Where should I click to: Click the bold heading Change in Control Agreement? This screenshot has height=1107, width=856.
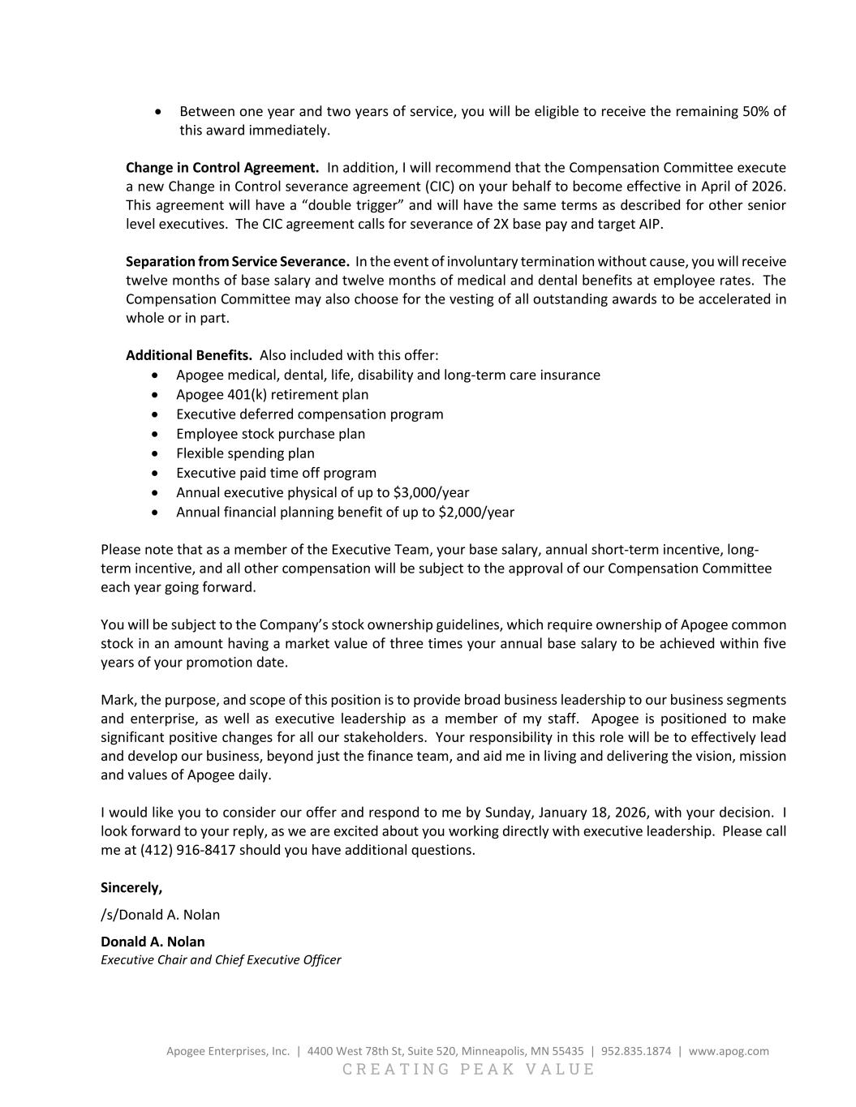tap(222, 168)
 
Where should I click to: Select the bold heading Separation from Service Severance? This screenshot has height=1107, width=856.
tap(237, 262)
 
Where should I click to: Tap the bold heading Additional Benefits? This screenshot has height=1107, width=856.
tap(188, 356)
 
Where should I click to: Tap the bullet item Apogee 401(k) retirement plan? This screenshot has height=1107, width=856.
tap(272, 395)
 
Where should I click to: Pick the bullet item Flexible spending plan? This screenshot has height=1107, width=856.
tap(245, 453)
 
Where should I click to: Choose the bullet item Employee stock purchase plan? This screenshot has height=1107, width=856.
tap(270, 434)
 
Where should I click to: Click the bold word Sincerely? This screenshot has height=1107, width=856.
tap(131, 888)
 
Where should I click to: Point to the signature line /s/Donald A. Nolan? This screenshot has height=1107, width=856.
tap(160, 915)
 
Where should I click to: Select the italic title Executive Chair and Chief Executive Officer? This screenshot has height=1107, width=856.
tap(221, 960)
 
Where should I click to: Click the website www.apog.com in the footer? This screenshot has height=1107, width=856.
tap(729, 1051)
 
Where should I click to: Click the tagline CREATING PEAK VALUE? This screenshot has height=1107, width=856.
tap(468, 1069)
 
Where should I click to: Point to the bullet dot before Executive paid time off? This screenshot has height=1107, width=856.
tap(157, 474)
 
